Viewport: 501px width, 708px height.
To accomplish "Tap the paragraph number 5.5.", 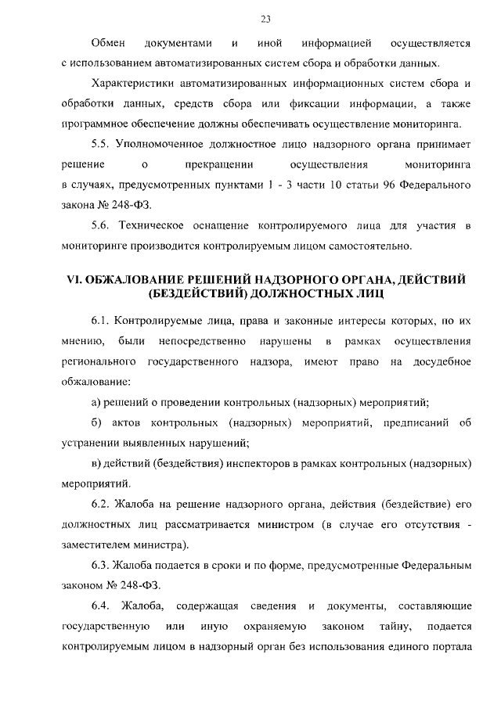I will point(100,145).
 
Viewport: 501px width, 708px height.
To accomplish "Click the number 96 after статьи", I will point(387,186).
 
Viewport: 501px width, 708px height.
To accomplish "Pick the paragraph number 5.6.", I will point(100,227).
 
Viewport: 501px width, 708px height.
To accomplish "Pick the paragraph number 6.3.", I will point(100,566).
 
